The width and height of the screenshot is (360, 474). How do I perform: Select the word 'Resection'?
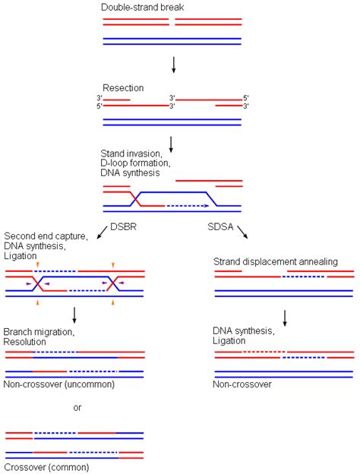[123, 87]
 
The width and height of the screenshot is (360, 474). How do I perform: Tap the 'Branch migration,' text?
[38, 332]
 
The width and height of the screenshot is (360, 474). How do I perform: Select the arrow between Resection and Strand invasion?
[174, 142]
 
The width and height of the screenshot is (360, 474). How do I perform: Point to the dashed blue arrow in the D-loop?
[186, 205]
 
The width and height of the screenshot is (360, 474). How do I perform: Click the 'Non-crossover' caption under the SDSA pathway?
[242, 385]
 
